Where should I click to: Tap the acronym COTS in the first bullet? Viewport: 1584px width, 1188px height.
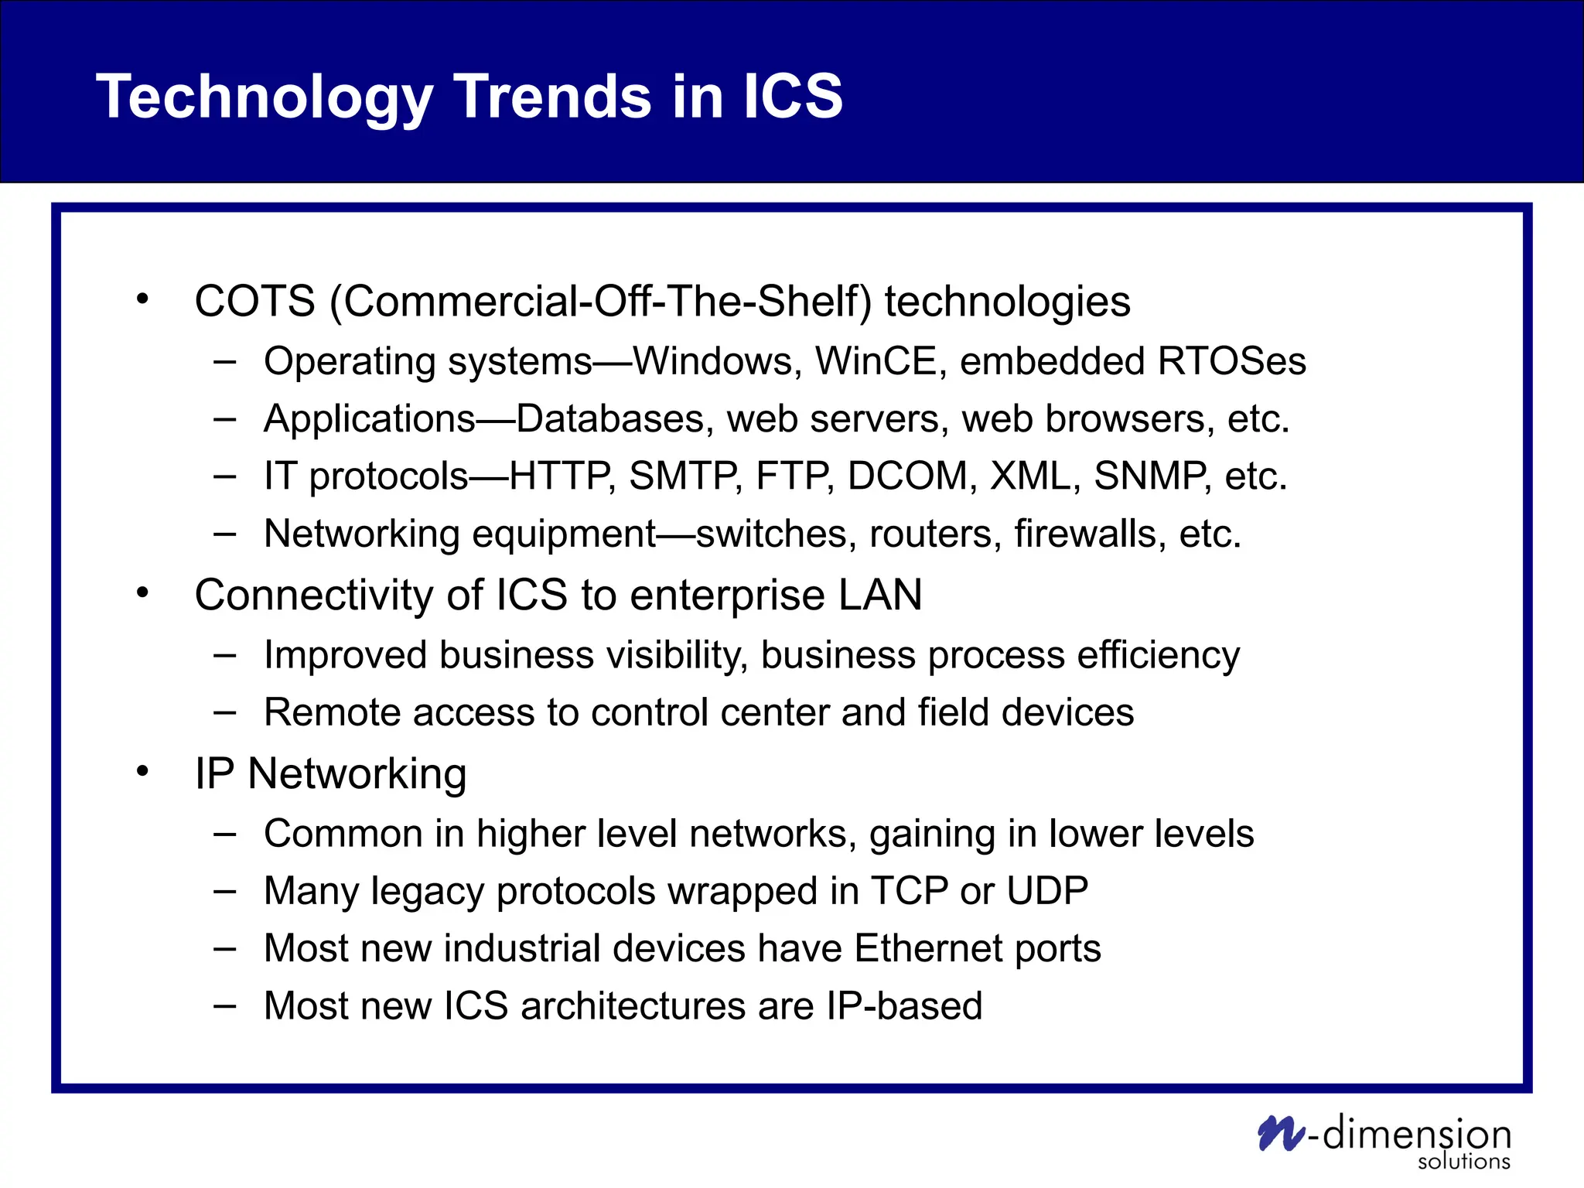coord(254,302)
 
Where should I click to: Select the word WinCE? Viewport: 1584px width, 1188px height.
coord(876,362)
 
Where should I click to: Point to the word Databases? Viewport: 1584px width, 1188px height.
coord(610,419)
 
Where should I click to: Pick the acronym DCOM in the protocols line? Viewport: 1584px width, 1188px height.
coord(907,476)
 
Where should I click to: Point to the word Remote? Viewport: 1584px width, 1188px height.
coord(332,713)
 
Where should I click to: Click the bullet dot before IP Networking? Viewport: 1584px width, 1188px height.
coord(142,771)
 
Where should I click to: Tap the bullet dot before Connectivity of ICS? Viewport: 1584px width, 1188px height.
coord(142,593)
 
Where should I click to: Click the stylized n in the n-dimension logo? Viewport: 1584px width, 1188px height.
coord(1280,1134)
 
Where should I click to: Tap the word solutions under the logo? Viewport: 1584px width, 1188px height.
coord(1463,1162)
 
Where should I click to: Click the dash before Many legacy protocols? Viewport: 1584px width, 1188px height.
coord(224,891)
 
